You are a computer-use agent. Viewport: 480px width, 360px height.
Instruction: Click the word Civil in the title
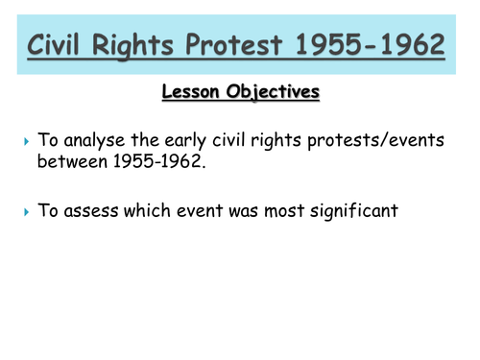point(66,44)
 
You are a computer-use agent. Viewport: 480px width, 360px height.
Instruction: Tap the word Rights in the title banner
point(157,44)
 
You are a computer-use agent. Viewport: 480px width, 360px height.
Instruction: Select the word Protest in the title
point(265,44)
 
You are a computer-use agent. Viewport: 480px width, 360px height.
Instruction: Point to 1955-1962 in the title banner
point(385,44)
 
